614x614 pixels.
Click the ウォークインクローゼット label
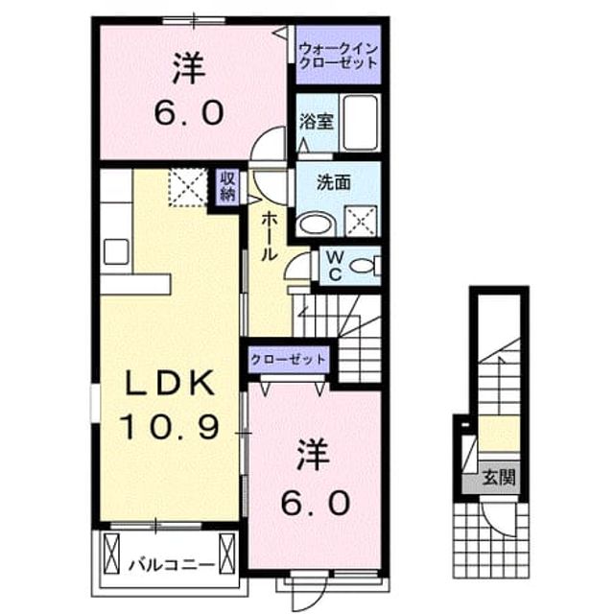[x=338, y=56]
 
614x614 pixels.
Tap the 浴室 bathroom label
[x=317, y=121]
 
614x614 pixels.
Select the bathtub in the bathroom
[x=361, y=122]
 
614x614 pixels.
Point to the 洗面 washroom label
[x=333, y=182]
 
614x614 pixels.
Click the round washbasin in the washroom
[x=316, y=224]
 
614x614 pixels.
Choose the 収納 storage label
[x=227, y=187]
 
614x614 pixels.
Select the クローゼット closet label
[x=288, y=359]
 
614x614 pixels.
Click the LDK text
[x=170, y=382]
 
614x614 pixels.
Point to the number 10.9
[x=169, y=427]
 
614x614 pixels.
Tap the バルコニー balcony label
[x=172, y=565]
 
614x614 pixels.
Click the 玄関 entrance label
[x=498, y=478]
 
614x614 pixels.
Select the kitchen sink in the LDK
[x=116, y=251]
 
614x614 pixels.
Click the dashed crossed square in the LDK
[x=188, y=187]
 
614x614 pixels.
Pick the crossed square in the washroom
[x=361, y=222]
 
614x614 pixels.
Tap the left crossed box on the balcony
[x=111, y=554]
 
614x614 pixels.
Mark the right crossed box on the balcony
[x=227, y=554]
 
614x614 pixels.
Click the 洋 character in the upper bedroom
[x=189, y=68]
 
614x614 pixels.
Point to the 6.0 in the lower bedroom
[x=316, y=504]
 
